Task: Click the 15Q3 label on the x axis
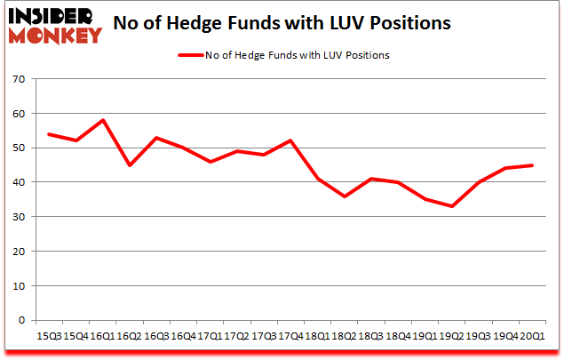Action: click(48, 335)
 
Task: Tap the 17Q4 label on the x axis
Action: click(290, 335)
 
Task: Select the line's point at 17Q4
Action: click(290, 141)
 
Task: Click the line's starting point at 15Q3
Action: click(48, 134)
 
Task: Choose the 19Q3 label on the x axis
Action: click(477, 335)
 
